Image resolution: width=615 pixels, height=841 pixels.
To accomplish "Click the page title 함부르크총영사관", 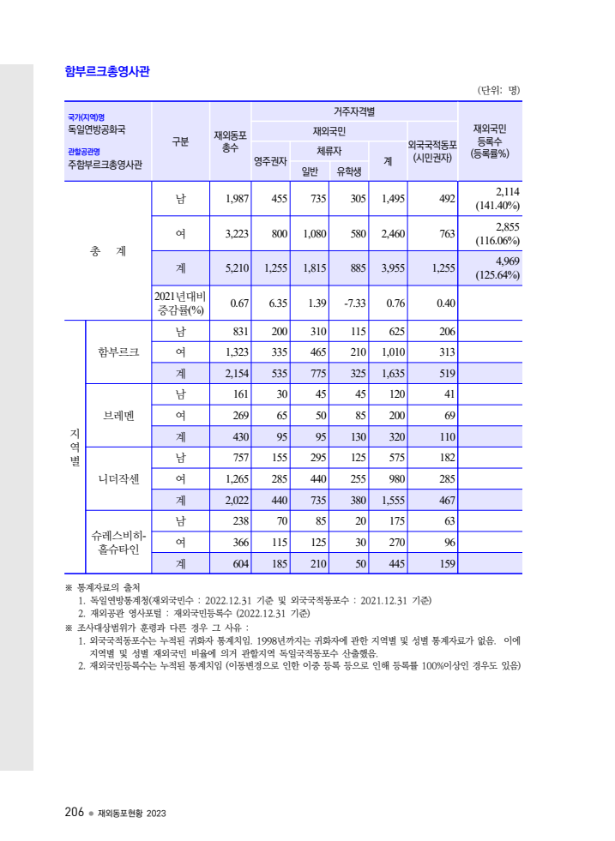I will [107, 71].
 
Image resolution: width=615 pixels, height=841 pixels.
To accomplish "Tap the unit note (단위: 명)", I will [498, 90].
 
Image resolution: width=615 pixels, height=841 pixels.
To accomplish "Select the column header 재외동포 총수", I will [230, 141].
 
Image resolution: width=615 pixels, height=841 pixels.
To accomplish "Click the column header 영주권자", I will [270, 160].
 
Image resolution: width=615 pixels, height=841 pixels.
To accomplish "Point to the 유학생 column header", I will [349, 171].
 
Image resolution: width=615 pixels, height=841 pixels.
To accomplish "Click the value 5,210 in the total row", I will [232, 268].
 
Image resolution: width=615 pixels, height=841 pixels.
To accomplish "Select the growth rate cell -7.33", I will [355, 303].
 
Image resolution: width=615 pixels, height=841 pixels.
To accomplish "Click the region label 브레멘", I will [118, 415].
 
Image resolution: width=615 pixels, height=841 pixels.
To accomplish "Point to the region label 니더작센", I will [118, 478].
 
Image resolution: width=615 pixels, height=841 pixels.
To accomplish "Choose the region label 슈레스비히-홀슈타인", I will [118, 542].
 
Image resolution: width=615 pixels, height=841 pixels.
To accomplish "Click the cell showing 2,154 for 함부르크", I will [232, 373].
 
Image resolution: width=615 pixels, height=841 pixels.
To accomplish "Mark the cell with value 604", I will [236, 563].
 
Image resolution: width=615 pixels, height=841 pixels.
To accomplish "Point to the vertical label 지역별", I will [75, 447].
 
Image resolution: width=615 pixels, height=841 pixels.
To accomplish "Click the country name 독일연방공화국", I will [97, 129].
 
